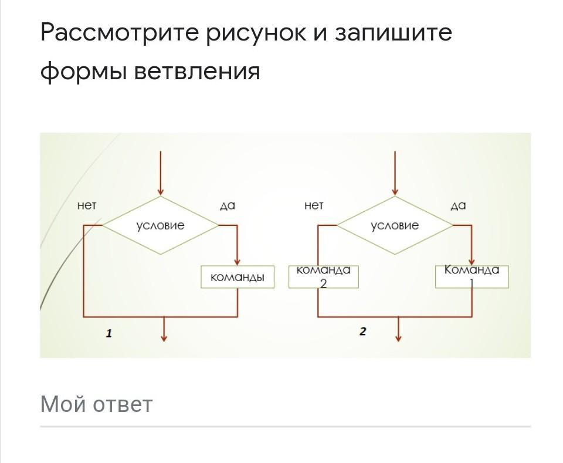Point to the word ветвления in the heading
[197, 72]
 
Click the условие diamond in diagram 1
[160, 225]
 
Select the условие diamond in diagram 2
[395, 225]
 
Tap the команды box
[237, 277]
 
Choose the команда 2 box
[323, 276]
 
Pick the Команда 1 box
[472, 276]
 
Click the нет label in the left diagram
[86, 205]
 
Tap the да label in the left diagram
[227, 205]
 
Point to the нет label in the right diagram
[314, 205]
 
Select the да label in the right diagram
[458, 205]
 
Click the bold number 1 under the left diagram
[109, 333]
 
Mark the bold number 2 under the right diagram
[362, 332]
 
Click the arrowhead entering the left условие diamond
[160, 191]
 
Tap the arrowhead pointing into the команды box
[237, 262]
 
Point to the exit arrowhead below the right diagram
[399, 337]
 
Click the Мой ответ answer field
[285, 405]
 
